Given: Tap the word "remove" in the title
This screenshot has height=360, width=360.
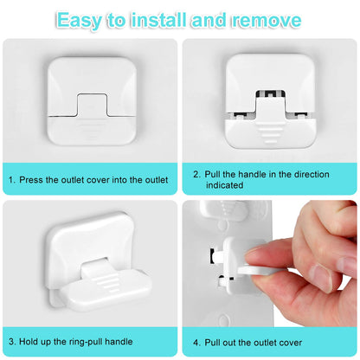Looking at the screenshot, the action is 267,20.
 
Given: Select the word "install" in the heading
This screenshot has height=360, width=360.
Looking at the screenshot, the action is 158,20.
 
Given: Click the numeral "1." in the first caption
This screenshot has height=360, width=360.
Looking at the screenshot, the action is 12,180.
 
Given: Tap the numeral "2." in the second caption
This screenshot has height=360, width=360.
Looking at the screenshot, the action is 197,174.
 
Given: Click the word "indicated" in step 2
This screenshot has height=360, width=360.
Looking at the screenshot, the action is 224,185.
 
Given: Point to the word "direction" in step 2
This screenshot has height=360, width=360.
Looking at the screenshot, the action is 312,174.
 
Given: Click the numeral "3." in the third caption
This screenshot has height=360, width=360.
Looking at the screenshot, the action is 12,342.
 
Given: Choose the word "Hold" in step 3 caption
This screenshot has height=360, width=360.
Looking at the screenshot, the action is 29,342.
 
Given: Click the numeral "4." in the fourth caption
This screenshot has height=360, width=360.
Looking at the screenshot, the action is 197,343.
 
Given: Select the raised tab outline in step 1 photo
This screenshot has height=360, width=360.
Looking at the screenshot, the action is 93,105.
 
